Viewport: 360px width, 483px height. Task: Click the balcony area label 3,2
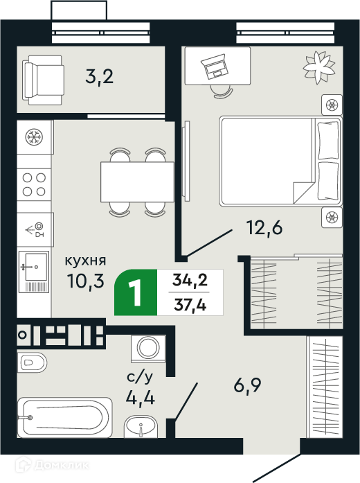(x=100, y=77)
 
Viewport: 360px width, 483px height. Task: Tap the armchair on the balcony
(x=43, y=80)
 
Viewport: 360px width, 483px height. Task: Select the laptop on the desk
(x=215, y=67)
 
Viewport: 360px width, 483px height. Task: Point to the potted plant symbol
(x=319, y=67)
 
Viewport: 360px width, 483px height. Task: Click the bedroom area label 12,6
(x=264, y=228)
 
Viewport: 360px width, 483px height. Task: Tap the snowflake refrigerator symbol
(x=34, y=137)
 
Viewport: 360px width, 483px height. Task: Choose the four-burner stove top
(x=34, y=184)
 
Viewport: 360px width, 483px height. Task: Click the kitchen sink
(x=34, y=272)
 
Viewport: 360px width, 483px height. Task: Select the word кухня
(x=85, y=261)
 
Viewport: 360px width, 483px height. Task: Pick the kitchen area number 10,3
(x=86, y=281)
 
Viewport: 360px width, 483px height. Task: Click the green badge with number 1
(x=136, y=292)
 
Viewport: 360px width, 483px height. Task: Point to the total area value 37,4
(x=190, y=305)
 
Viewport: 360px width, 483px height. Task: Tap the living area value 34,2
(x=190, y=281)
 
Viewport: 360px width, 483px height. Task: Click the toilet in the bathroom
(x=32, y=362)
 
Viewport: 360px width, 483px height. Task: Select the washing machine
(x=148, y=348)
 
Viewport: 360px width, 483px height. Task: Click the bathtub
(x=65, y=418)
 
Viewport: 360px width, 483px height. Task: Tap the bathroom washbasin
(x=141, y=427)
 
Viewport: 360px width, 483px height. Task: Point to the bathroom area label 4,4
(x=141, y=398)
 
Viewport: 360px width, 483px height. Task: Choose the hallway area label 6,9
(x=247, y=385)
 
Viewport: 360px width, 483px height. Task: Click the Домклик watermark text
(x=61, y=464)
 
